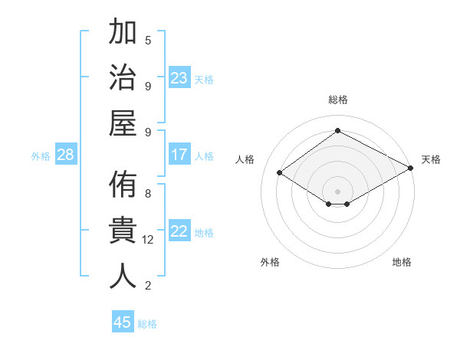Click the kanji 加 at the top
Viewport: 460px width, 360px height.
point(123,34)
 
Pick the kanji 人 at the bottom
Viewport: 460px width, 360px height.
point(123,275)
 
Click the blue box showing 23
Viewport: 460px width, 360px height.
point(179,78)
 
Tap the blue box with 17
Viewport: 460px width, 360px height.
point(179,155)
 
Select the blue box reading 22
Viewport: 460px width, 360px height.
point(179,232)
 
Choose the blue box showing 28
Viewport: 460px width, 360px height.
point(66,155)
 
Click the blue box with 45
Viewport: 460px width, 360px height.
point(123,322)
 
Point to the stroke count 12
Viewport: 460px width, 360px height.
point(148,240)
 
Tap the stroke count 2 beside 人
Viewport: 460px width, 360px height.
point(148,286)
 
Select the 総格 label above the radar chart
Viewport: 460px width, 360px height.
point(337,100)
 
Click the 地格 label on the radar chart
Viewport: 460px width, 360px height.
point(402,262)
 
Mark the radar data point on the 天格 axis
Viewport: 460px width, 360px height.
point(410,169)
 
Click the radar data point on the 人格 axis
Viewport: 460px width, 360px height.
point(280,173)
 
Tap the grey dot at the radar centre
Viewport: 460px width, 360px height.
point(337,190)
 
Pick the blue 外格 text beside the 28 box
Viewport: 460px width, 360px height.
point(41,156)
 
